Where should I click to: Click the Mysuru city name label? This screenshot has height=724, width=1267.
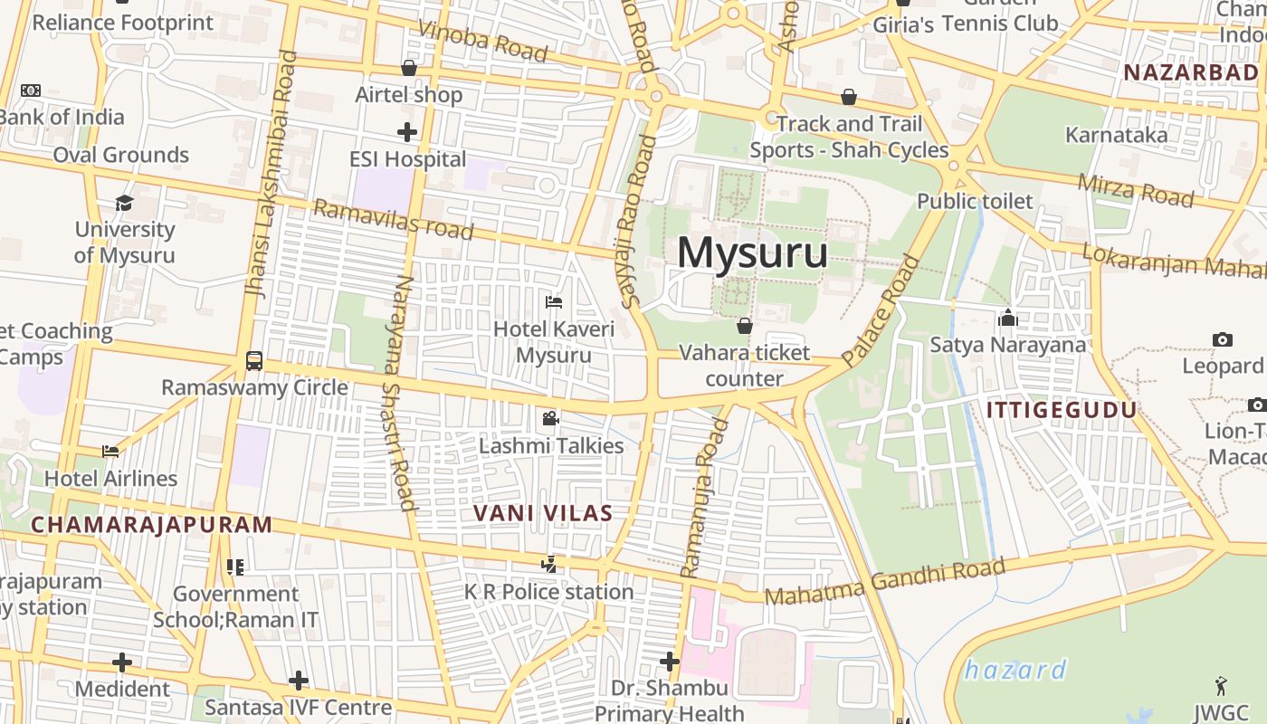[x=752, y=252]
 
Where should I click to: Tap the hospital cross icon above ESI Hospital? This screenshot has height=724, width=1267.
[x=407, y=132]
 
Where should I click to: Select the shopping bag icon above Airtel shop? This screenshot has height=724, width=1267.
[x=409, y=68]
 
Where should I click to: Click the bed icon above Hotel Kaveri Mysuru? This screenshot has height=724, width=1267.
[x=554, y=301]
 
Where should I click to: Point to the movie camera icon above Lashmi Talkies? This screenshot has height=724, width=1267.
[x=550, y=418]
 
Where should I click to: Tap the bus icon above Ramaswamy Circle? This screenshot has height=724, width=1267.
[x=254, y=361]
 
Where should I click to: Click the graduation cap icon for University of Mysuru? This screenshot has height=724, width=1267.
[x=124, y=203]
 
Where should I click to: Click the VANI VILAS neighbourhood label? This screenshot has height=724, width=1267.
[x=543, y=513]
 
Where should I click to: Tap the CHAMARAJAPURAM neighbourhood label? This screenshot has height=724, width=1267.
[x=151, y=524]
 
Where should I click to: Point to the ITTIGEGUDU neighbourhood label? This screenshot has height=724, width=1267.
[x=1061, y=410]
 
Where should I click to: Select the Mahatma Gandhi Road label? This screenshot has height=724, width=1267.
[x=884, y=583]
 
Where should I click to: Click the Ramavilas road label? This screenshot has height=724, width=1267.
[x=393, y=220]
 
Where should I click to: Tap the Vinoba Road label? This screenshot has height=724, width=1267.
[x=483, y=41]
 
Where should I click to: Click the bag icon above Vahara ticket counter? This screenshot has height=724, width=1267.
[x=745, y=326]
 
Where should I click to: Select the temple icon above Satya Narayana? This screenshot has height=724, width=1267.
[x=1007, y=318]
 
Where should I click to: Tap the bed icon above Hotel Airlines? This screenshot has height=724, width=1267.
[x=110, y=451]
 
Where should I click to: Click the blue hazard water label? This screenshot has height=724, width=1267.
[x=1015, y=671]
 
